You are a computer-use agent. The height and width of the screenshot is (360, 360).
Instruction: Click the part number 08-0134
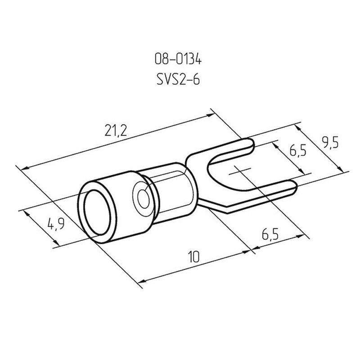tap(178, 59)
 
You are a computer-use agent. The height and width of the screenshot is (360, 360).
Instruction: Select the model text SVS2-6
tap(178, 80)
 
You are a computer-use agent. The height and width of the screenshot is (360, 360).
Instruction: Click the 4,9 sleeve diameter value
tap(56, 224)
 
